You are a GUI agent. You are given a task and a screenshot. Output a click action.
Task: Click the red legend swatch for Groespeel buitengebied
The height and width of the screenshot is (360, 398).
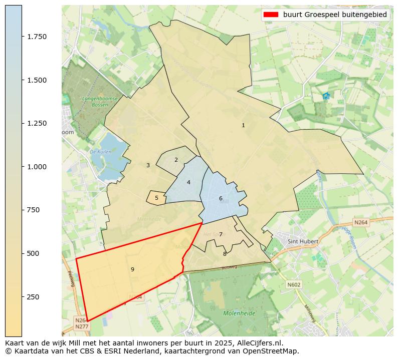coord(270,15)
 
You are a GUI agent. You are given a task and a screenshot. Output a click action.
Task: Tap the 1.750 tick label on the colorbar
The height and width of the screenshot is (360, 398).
coord(37,37)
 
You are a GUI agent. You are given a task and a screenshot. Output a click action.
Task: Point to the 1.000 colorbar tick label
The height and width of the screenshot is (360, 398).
coord(37,167)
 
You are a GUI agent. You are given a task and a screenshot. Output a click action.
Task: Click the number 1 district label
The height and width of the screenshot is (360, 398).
coord(243,125)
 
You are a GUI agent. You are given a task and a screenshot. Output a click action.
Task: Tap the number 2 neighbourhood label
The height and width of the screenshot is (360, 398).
coord(176,160)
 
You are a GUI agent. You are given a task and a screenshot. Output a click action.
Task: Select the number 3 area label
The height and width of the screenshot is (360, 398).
coord(148,165)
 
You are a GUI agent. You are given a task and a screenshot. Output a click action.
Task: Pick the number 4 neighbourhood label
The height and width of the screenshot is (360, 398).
coord(188,182)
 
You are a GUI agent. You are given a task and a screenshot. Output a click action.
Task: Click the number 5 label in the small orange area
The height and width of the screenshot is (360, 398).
coord(156,198)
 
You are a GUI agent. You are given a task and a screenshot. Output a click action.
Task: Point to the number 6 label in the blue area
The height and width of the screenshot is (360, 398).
coord(221,198)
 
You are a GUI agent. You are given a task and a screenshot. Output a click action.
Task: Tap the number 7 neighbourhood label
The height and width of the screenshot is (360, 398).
coord(221,234)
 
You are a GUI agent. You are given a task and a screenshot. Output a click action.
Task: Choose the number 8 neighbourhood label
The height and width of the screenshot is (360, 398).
coord(225,254)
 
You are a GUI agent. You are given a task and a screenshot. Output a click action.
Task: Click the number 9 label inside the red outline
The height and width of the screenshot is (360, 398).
coord(132,269)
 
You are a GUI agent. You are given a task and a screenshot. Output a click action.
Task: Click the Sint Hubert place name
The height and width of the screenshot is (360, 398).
coord(302,241)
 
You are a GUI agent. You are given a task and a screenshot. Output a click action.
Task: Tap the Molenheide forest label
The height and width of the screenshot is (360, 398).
coord(239,313)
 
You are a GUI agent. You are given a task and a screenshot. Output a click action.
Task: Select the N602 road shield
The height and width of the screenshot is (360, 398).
coord(294,284)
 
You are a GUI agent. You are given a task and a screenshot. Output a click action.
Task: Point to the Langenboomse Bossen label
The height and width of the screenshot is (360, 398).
coord(100,102)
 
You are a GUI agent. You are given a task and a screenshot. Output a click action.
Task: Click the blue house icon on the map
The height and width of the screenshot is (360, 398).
coord(326,96)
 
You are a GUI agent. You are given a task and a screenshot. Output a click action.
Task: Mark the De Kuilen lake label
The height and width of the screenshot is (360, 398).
coord(100,151)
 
